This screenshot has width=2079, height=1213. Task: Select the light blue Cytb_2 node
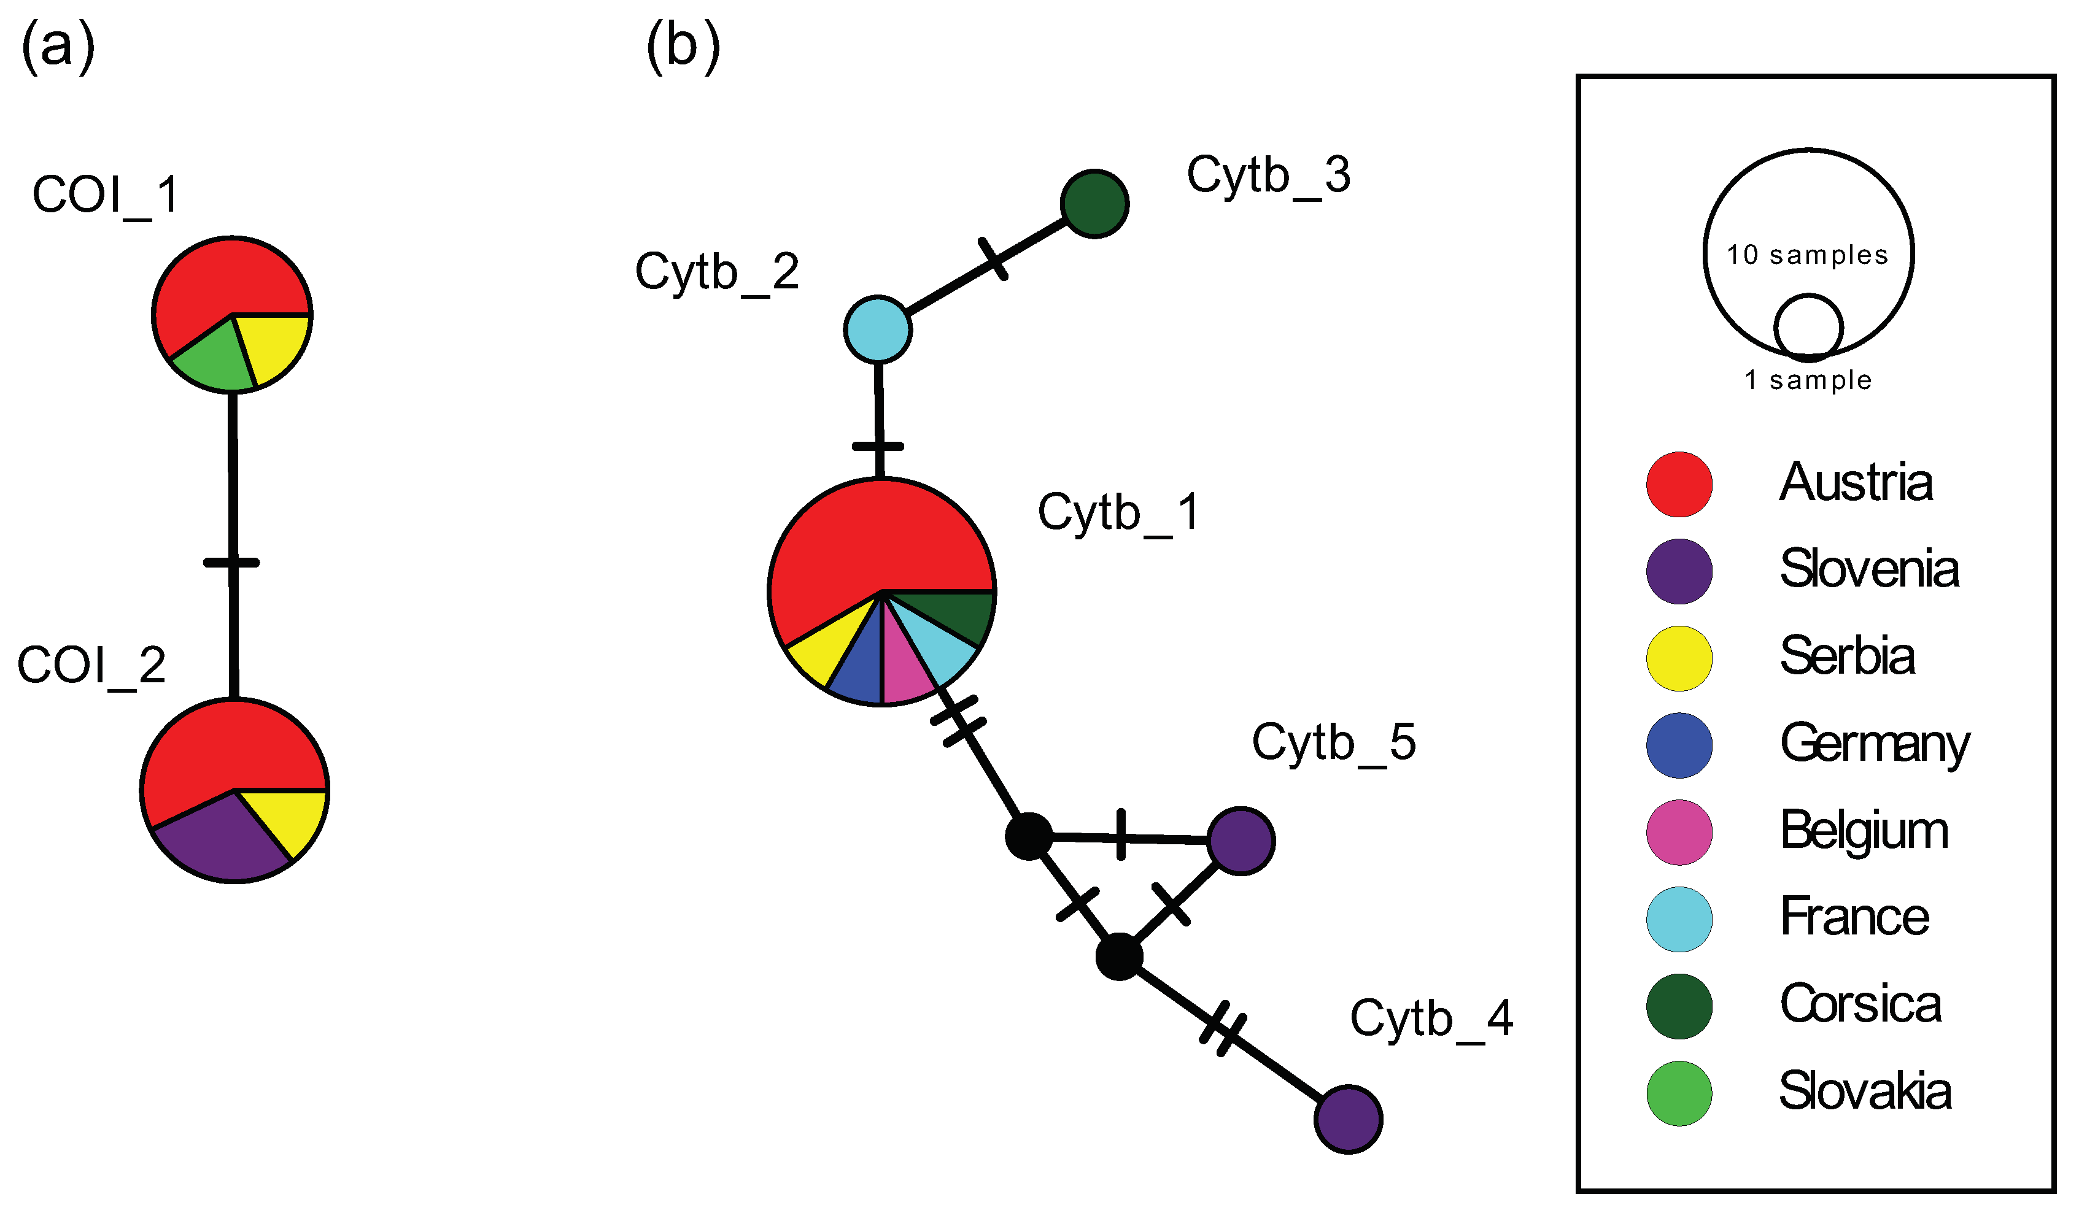(x=878, y=329)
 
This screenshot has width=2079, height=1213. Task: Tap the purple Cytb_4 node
(x=1347, y=1119)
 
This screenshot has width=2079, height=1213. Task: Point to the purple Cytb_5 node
(x=1241, y=841)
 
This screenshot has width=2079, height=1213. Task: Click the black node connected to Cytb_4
(x=1119, y=957)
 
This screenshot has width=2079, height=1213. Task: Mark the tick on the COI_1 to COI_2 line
(x=232, y=563)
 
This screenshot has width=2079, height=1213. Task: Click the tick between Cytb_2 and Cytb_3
(x=993, y=258)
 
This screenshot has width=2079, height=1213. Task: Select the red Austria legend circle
(x=1679, y=484)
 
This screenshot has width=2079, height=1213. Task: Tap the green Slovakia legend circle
(x=1679, y=1093)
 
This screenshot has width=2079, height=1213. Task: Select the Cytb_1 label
(x=1118, y=513)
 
